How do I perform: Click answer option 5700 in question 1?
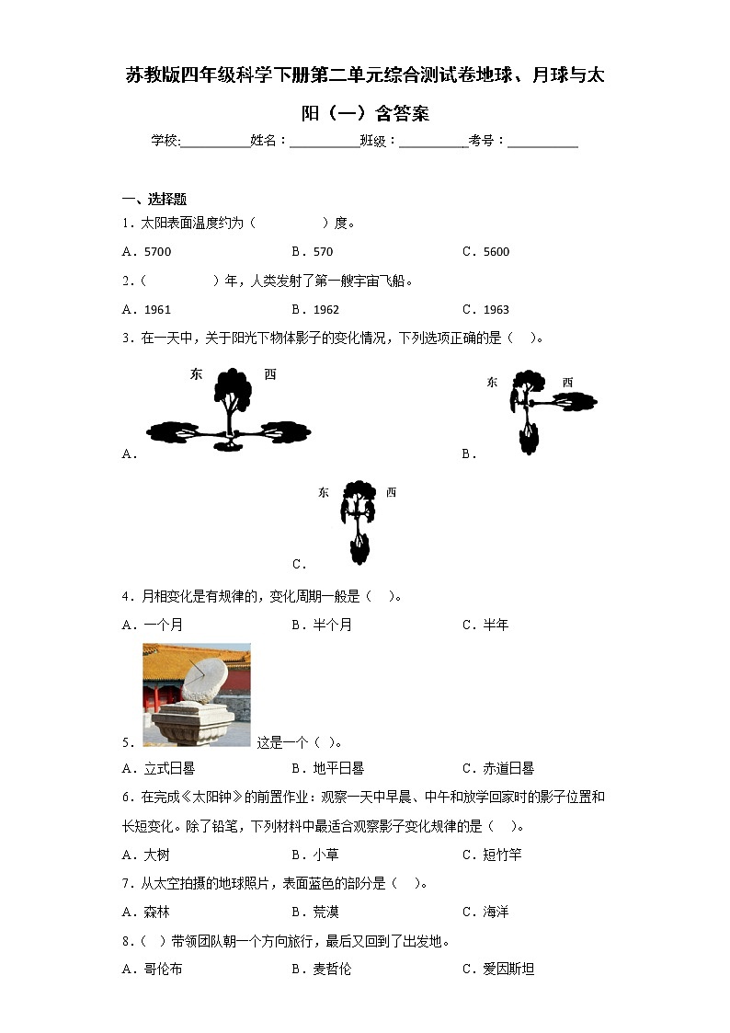tap(157, 252)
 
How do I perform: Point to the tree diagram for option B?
tap(542, 410)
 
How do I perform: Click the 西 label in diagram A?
tap(269, 374)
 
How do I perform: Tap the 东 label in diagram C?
tap(324, 493)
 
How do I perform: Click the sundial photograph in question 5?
tap(196, 694)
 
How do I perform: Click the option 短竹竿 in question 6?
tap(502, 855)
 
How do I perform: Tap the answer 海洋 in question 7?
tap(496, 912)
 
